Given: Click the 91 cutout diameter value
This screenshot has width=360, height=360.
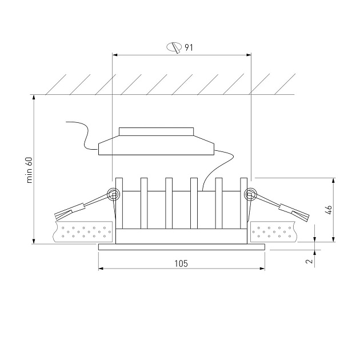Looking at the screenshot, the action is (189, 47).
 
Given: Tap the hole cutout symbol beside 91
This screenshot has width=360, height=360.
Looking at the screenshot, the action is (174, 47).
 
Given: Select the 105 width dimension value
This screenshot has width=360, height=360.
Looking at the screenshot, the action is (181, 263).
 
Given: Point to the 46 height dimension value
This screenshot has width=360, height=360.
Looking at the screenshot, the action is (329, 210).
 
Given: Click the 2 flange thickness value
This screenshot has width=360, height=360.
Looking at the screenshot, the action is (310, 261).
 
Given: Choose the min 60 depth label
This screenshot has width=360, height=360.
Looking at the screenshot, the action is (30, 170).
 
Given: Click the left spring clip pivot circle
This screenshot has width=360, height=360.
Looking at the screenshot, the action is (114, 195).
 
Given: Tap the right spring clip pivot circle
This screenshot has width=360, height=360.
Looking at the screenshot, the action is (250, 195).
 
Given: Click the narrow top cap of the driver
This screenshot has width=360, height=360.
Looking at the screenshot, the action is (157, 131).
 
